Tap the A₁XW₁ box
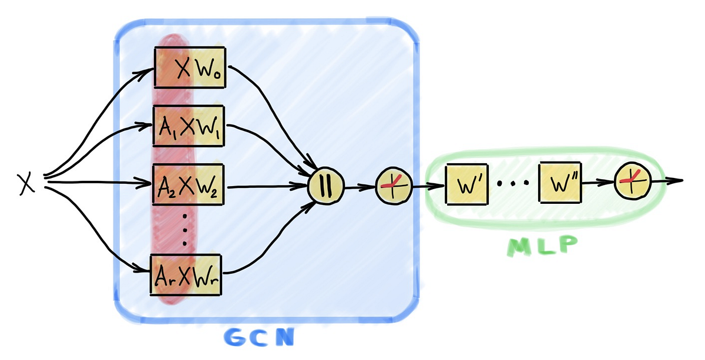[x=189, y=126]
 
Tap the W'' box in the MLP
[x=560, y=183]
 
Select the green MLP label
[x=541, y=246]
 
